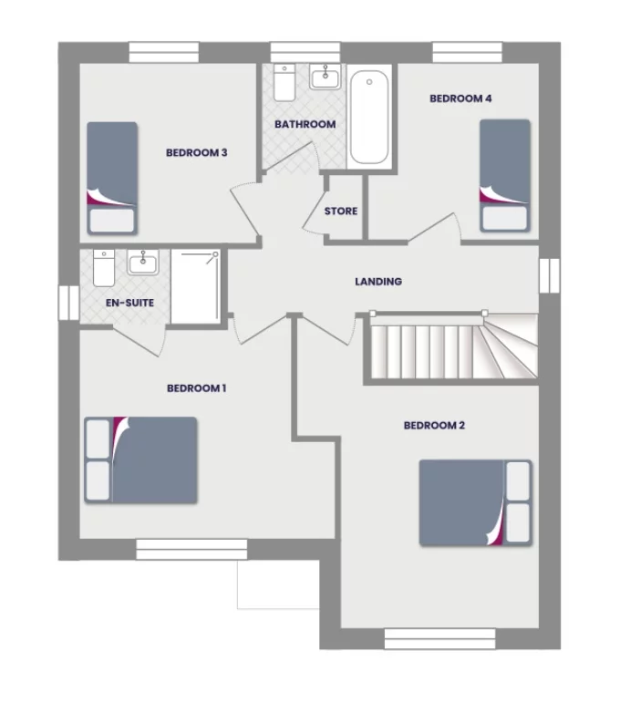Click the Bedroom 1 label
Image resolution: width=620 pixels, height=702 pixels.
[196, 388]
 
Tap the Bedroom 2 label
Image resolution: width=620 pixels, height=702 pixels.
[435, 426]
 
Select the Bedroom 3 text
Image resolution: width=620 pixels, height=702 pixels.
[196, 153]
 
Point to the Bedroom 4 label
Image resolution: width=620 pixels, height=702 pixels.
[460, 99]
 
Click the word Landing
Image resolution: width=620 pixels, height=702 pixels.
[377, 283]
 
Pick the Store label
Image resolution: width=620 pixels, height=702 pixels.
[341, 212]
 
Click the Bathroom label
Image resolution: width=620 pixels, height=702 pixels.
[305, 124]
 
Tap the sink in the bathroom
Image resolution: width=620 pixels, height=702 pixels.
[324, 78]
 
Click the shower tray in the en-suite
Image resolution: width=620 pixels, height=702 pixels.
[194, 286]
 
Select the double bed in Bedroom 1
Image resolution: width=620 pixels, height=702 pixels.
[141, 459]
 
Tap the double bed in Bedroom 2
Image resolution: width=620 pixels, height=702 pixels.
[475, 502]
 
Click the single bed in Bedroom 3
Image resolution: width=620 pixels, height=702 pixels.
[112, 178]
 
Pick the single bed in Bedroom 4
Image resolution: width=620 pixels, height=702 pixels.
[505, 174]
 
